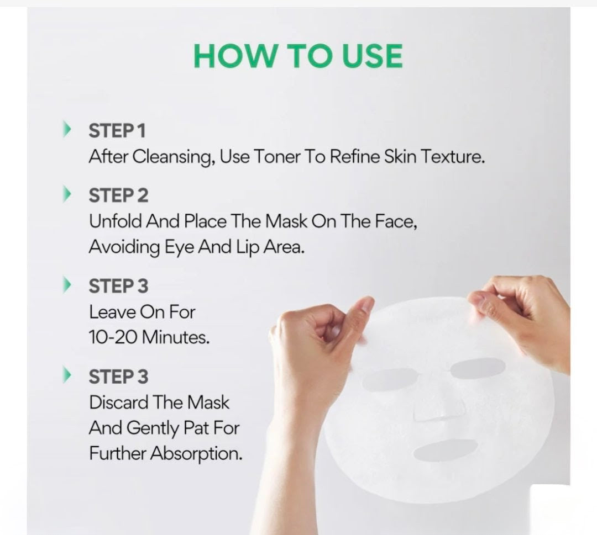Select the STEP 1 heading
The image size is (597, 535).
pyautogui.click(x=117, y=131)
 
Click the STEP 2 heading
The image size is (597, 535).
pyautogui.click(x=118, y=196)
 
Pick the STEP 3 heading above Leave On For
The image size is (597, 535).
pyautogui.click(x=118, y=287)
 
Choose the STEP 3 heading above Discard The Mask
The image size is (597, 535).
pyautogui.click(x=118, y=377)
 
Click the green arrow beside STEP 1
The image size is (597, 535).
pyautogui.click(x=67, y=129)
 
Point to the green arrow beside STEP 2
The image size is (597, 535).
pyautogui.click(x=67, y=194)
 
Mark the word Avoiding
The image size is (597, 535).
pyautogui.click(x=124, y=247)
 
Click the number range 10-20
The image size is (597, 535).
pyautogui.click(x=113, y=337)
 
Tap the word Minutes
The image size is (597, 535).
pyautogui.click(x=176, y=337)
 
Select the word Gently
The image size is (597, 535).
pyautogui.click(x=153, y=428)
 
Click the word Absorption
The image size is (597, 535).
pyautogui.click(x=196, y=454)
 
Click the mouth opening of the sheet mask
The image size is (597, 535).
pyautogui.click(x=446, y=450)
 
